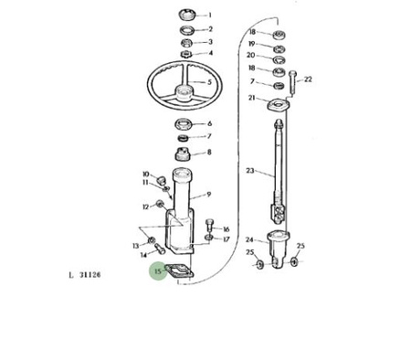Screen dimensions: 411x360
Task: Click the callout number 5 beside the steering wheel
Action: coord(209,82)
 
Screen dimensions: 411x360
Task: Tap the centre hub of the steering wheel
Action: coord(184,92)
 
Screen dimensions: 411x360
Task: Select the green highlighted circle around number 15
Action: coord(158,270)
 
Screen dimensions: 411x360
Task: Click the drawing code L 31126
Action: coord(85,275)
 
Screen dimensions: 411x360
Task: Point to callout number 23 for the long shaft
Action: coord(250,171)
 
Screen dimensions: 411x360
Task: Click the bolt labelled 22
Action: coord(292,81)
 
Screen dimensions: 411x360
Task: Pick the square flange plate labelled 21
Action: coord(279,104)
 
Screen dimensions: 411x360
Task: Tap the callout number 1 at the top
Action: coord(210,15)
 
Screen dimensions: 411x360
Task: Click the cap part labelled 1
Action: coord(186,15)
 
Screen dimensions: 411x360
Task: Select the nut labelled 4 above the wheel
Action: coord(185,54)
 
